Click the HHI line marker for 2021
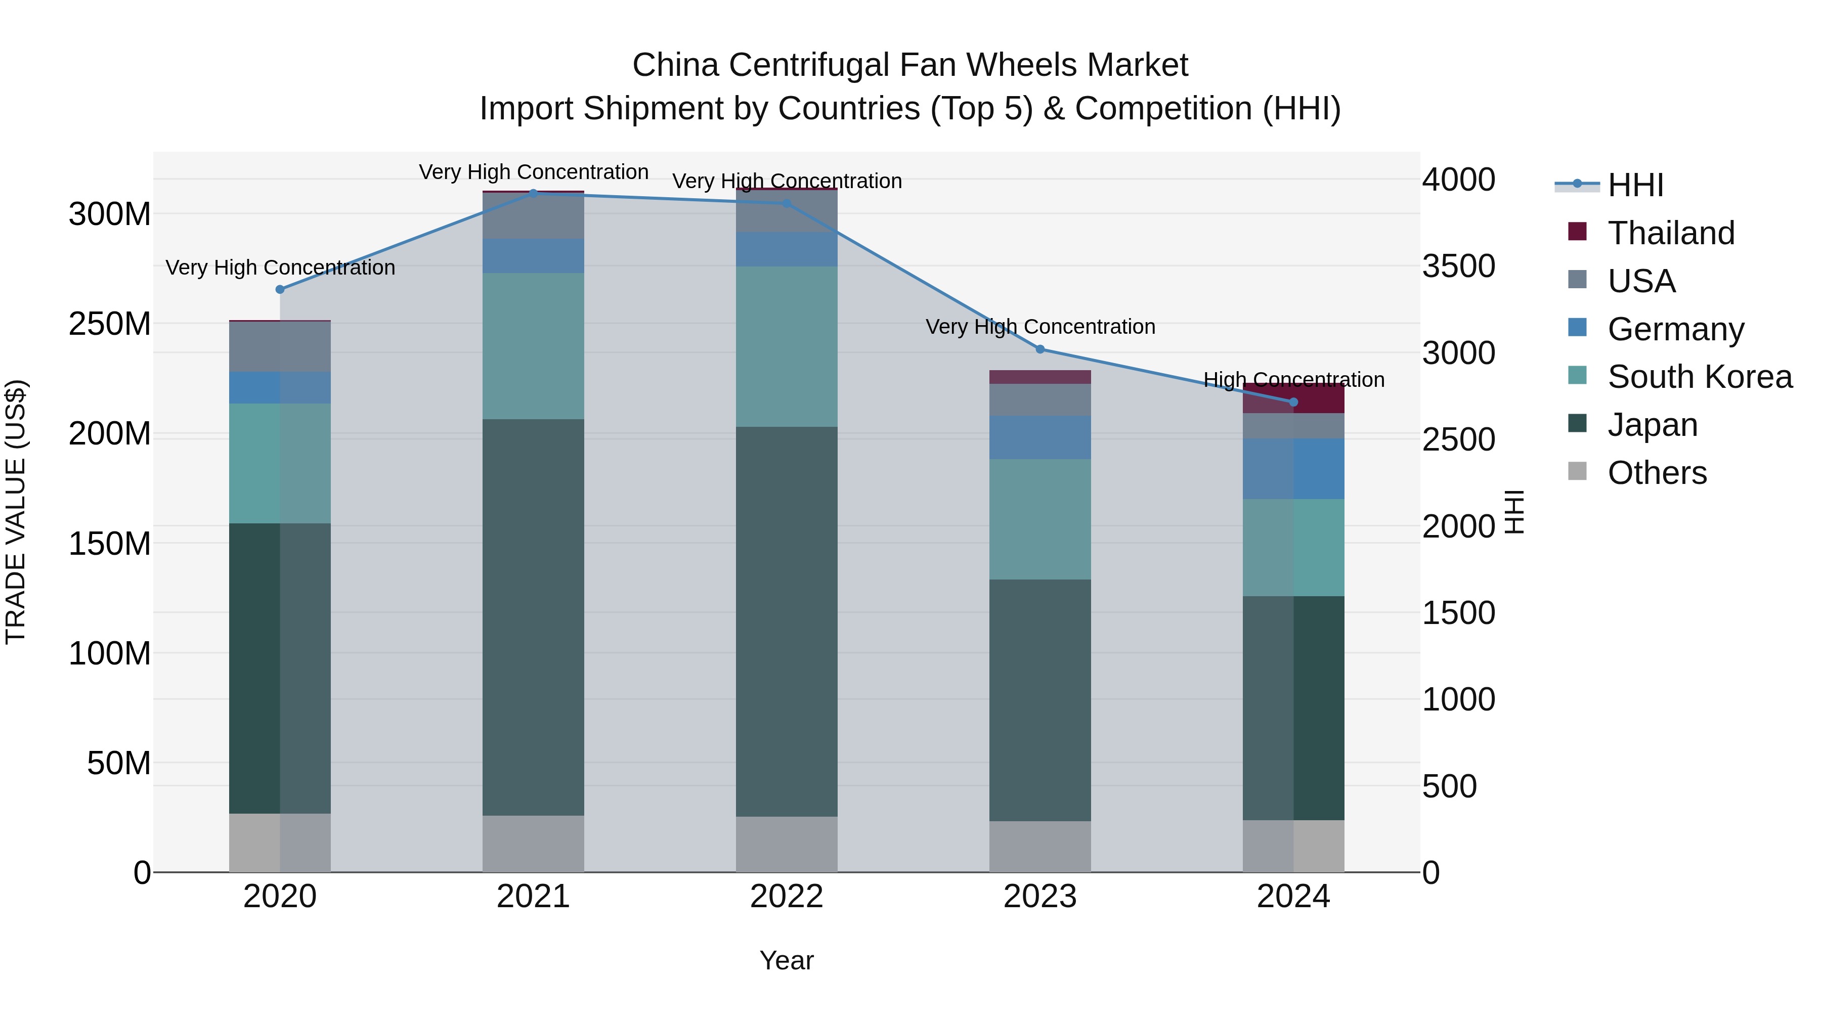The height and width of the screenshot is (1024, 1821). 533,192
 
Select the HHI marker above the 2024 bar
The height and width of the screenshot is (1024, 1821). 1293,402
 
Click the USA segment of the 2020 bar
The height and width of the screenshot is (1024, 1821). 280,346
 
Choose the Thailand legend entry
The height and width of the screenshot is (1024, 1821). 1670,233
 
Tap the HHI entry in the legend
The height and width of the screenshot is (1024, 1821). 1635,185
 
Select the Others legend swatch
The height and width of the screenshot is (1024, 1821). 1577,471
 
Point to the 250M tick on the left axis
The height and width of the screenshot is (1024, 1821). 110,324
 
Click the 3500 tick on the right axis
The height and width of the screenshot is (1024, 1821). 1458,266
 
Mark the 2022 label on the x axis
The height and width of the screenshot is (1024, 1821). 786,897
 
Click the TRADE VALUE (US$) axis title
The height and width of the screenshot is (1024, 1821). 16,512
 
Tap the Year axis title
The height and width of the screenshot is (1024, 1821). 786,960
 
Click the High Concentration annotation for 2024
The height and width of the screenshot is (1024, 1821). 1293,380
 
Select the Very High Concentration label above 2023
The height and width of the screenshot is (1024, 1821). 1040,327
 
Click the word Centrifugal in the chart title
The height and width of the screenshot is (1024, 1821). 814,65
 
